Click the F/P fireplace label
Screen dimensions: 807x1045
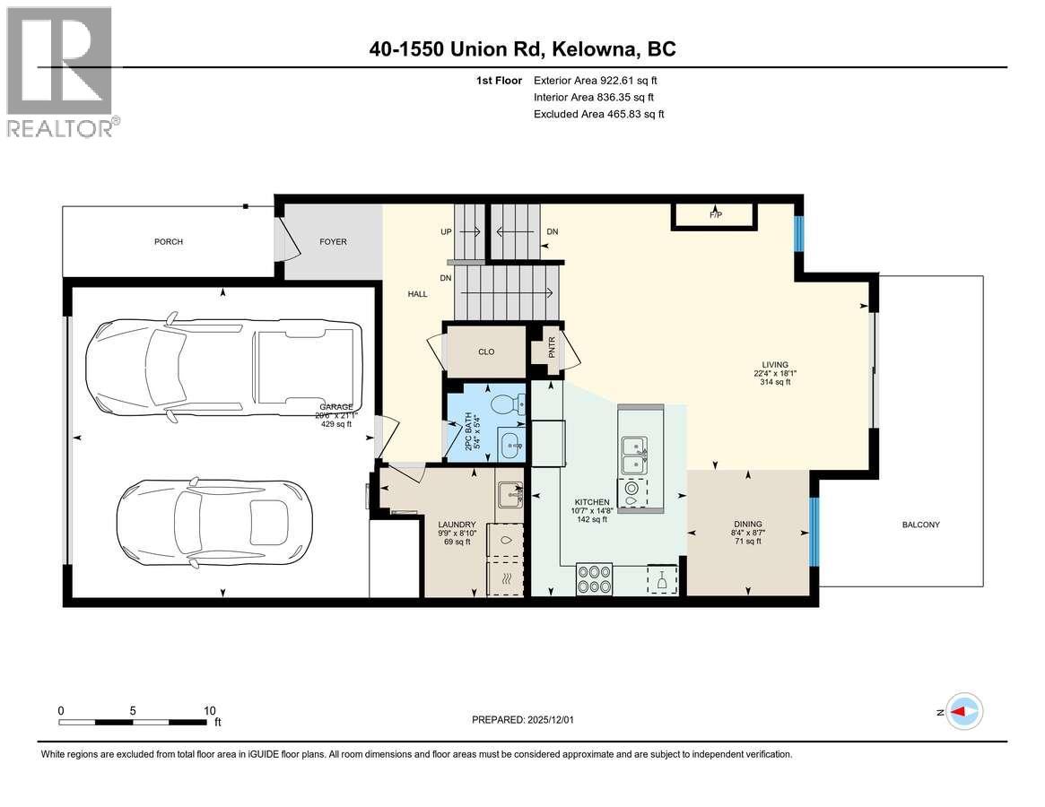pyautogui.click(x=716, y=215)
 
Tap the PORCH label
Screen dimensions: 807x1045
pyautogui.click(x=168, y=242)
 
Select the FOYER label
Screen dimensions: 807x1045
pyautogui.click(x=333, y=242)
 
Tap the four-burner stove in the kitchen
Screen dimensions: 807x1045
pyautogui.click(x=594, y=578)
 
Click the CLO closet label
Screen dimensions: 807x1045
pyautogui.click(x=485, y=352)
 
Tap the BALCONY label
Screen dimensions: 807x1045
pyautogui.click(x=920, y=525)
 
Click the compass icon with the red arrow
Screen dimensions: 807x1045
pyautogui.click(x=964, y=712)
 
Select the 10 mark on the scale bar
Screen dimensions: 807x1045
pyautogui.click(x=208, y=710)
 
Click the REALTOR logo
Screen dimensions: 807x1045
pyautogui.click(x=59, y=72)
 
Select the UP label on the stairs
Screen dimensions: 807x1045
pyautogui.click(x=446, y=232)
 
